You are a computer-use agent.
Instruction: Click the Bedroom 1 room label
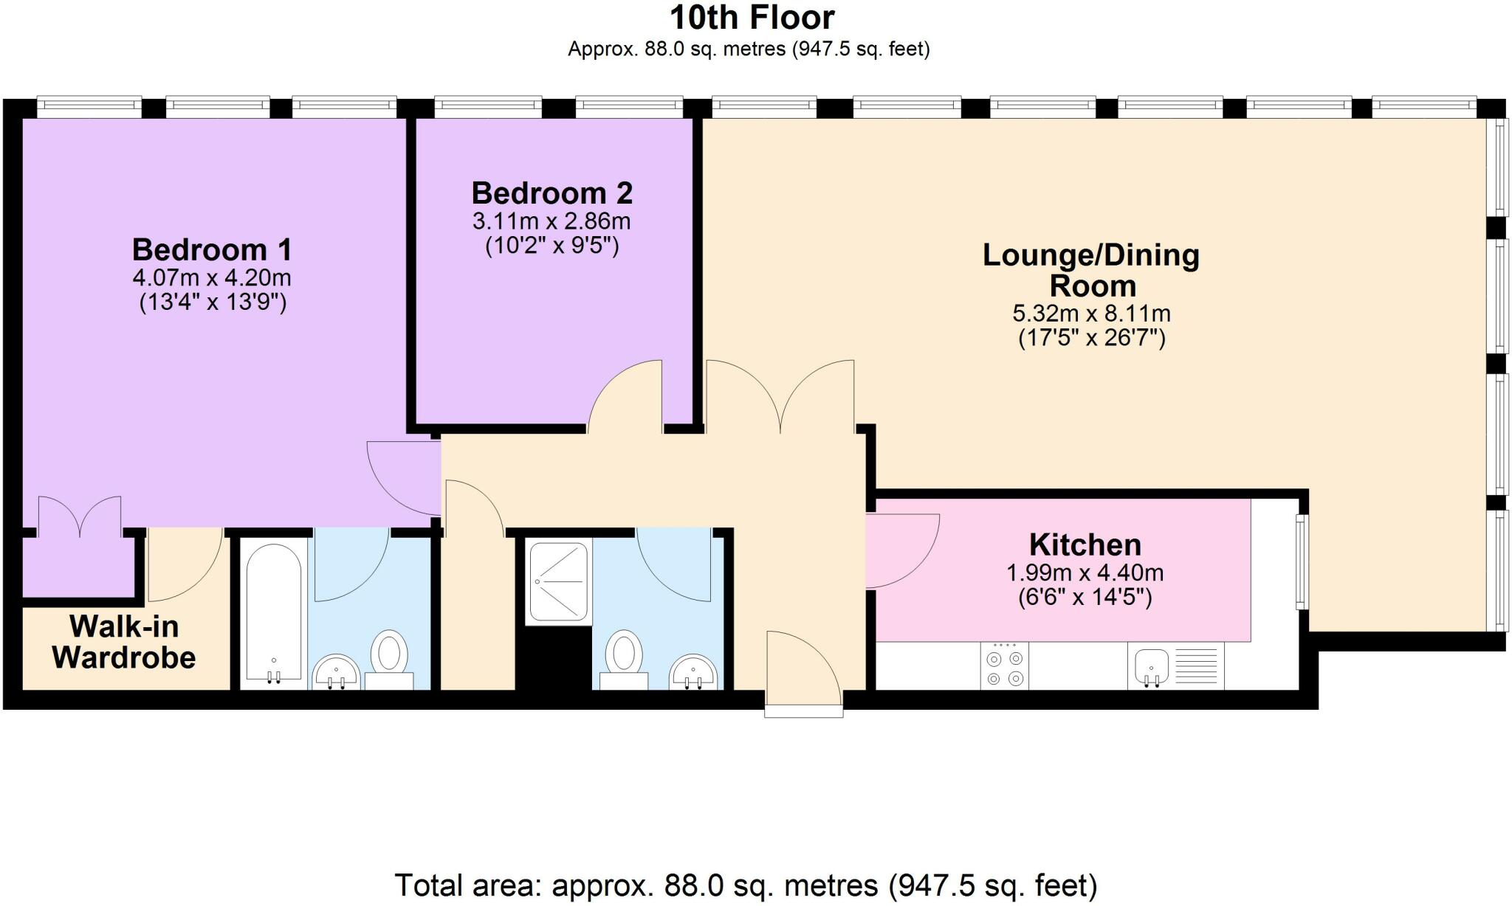[212, 250]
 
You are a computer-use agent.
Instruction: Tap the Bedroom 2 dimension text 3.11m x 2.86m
[551, 221]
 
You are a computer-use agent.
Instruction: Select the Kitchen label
[1085, 545]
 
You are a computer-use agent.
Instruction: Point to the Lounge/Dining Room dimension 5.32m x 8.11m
[1091, 314]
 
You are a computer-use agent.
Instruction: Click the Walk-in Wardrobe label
[124, 642]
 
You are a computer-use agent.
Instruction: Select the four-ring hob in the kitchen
[1005, 667]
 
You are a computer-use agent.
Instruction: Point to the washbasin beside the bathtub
[336, 671]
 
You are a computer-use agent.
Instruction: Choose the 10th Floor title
[752, 17]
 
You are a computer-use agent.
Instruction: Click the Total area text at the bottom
[746, 885]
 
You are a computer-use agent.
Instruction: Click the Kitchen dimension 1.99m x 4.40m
[1085, 573]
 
